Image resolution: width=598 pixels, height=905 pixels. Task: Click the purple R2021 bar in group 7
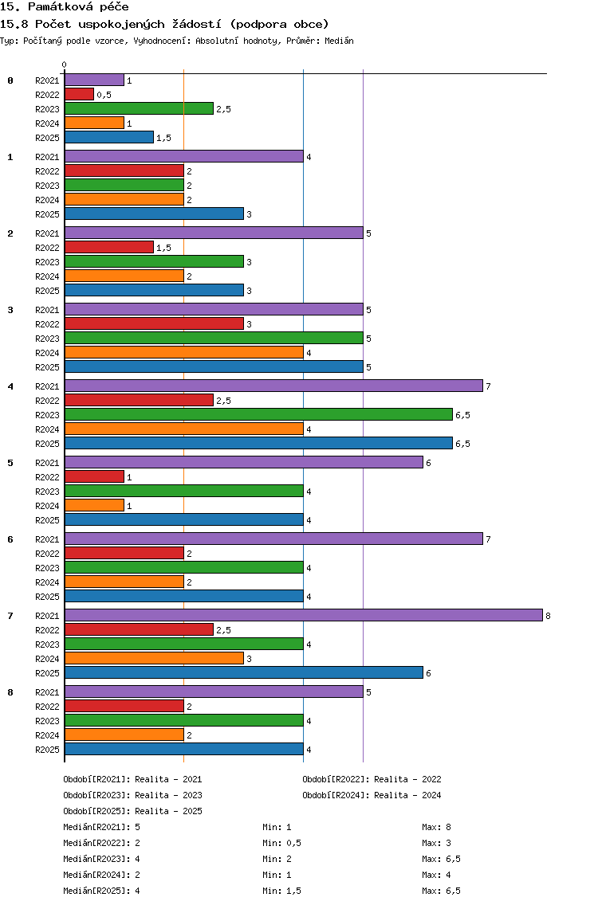303,615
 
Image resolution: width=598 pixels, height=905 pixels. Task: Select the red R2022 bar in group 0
79,94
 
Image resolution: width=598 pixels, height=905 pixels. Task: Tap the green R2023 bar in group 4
258,414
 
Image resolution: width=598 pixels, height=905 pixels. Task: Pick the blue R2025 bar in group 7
244,672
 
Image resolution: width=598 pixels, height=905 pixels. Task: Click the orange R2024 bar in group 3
183,352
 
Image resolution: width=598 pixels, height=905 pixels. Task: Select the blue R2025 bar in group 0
109,137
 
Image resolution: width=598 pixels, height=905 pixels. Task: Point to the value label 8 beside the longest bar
548,616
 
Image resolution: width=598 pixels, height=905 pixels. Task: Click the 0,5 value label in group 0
104,95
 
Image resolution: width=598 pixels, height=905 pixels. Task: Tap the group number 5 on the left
10,463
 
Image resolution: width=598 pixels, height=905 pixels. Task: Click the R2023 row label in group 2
47,262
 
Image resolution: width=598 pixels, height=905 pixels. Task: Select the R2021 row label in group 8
47,692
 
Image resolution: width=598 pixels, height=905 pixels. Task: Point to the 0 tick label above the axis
64,65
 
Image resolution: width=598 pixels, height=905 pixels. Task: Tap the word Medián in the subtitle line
339,41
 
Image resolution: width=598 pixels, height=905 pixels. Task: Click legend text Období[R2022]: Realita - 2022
372,779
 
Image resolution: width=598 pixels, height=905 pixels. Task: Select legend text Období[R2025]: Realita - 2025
132,811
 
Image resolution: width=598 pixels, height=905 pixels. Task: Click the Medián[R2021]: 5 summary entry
101,827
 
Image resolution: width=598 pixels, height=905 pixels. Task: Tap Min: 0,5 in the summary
281,843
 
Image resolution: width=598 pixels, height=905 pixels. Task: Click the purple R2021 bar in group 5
244,462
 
